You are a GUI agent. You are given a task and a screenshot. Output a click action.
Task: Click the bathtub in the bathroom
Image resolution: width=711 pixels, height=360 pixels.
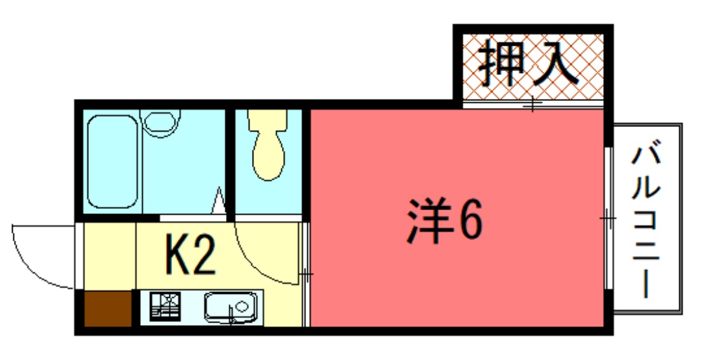pyautogui.click(x=112, y=161)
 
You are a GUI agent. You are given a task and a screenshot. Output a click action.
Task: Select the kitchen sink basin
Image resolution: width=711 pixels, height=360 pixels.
pyautogui.click(x=230, y=306)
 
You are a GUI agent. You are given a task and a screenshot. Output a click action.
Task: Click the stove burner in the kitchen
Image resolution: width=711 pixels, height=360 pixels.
pyautogui.click(x=165, y=306)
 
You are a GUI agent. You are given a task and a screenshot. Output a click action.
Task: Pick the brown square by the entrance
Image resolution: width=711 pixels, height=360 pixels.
pyautogui.click(x=107, y=309)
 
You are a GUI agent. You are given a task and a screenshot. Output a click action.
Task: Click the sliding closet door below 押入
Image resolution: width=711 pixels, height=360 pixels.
pyautogui.click(x=533, y=104)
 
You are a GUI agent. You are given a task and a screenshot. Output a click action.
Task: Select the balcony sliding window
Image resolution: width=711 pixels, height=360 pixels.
pyautogui.click(x=609, y=218)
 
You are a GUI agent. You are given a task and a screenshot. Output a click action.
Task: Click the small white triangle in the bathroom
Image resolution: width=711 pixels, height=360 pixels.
pyautogui.click(x=219, y=201)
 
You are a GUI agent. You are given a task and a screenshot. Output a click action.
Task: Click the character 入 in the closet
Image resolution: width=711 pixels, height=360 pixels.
pyautogui.click(x=556, y=63)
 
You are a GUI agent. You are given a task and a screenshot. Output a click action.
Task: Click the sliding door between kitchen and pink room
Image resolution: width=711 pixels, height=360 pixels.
pyautogui.click(x=306, y=274)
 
